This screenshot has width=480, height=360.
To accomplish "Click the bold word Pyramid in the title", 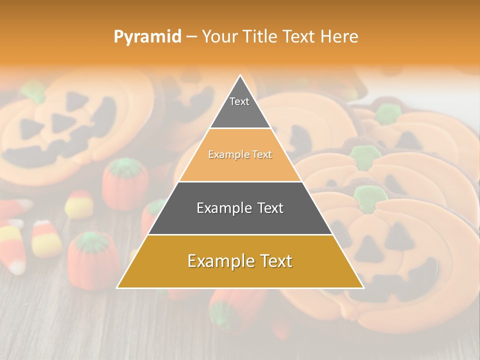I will (x=147, y=36).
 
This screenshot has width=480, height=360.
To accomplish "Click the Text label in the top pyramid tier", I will (x=239, y=101).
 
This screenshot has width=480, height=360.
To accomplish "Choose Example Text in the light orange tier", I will (x=240, y=155).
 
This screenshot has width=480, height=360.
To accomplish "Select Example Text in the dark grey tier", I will (x=240, y=208).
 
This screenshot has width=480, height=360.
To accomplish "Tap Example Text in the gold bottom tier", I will (x=240, y=261).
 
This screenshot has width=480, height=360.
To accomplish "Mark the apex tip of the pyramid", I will (x=240, y=75).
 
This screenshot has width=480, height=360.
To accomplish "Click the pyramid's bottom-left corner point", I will (x=117, y=288).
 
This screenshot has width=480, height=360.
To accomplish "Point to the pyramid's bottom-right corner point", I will (x=363, y=288).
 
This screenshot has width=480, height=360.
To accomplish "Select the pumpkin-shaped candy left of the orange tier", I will (x=125, y=183).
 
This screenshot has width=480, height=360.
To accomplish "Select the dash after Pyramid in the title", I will (x=191, y=37).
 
